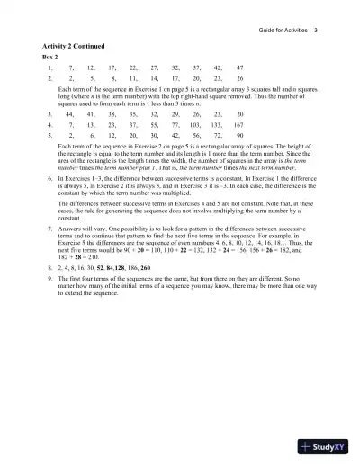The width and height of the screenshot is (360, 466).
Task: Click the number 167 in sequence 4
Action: point(238,128)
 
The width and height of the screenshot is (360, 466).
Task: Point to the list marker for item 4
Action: point(47,128)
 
